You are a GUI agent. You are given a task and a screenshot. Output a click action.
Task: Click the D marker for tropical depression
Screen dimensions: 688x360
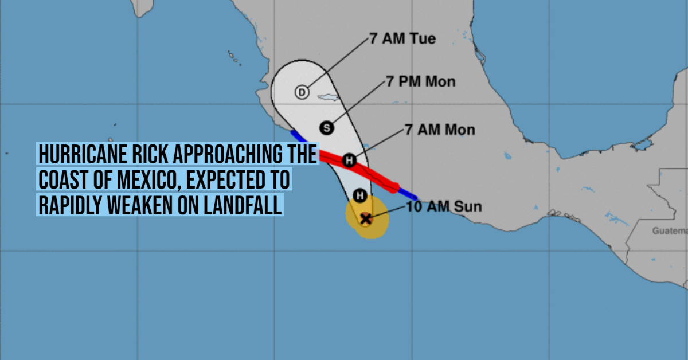[x=302, y=92]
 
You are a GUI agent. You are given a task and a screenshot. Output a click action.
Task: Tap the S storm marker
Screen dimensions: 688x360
[x=326, y=128]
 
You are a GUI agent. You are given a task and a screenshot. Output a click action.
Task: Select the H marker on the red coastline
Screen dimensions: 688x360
[x=349, y=161]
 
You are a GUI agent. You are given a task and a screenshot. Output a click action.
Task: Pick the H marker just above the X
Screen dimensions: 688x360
[x=360, y=195]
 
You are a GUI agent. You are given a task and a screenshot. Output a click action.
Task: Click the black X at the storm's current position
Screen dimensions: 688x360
[x=366, y=219]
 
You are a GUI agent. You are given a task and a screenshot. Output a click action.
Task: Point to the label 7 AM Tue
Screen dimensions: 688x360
[x=402, y=39]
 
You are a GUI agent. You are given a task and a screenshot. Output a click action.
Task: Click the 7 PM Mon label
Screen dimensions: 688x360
[x=420, y=82]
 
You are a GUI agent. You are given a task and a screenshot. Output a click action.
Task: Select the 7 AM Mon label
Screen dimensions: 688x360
[x=440, y=130]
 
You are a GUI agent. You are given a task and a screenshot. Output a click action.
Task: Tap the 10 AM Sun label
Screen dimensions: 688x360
[x=444, y=206]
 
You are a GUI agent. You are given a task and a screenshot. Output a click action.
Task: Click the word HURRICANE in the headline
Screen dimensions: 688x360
[x=83, y=154]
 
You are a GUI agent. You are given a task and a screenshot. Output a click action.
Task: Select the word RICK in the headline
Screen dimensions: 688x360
[x=150, y=154]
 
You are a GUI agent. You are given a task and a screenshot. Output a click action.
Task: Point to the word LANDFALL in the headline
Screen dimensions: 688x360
[x=243, y=205]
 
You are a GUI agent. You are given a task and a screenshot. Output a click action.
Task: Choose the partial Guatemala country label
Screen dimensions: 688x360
[x=670, y=230]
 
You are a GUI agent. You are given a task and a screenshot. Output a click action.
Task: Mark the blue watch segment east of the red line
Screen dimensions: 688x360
[x=408, y=194]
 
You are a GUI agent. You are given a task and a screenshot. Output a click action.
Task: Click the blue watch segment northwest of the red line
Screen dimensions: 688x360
[x=299, y=137]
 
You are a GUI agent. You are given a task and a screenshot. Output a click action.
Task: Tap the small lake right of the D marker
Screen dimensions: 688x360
[x=328, y=97]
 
